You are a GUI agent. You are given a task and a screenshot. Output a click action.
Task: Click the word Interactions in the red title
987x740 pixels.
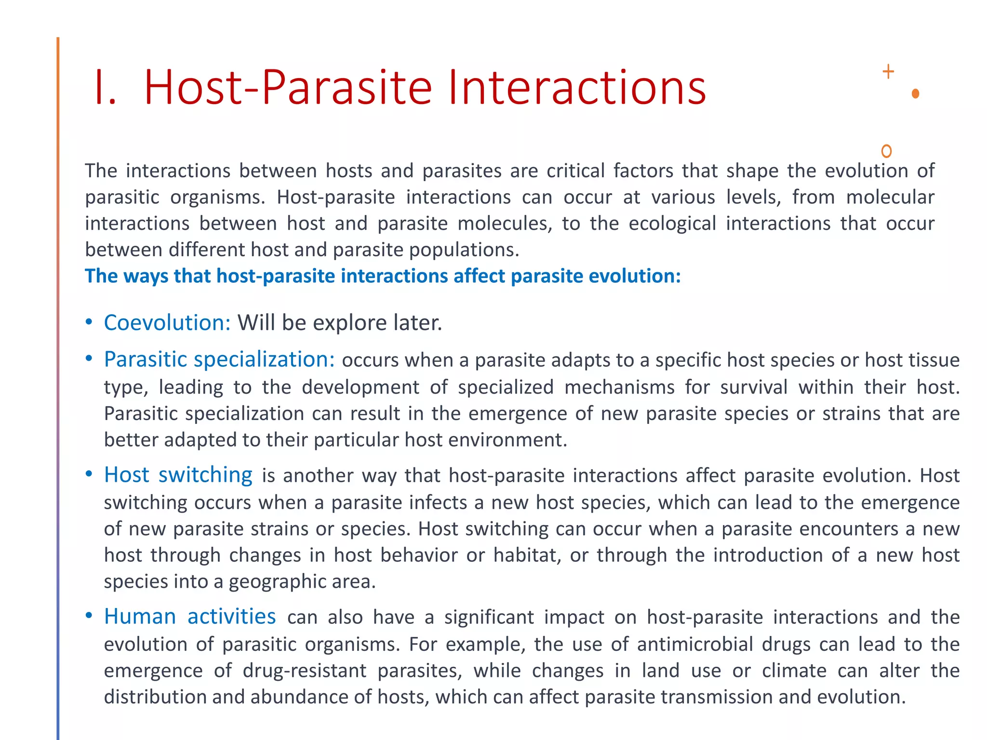coord(576,88)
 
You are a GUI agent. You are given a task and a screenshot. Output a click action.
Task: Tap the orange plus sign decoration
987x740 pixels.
coord(888,72)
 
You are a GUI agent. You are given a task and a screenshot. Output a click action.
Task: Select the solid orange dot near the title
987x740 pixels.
coord(915,93)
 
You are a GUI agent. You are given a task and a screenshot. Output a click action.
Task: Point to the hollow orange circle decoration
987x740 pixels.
coord(886,151)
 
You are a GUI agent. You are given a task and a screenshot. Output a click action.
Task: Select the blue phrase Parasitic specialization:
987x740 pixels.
coord(219,359)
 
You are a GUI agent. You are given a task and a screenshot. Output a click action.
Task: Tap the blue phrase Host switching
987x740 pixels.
coord(178,475)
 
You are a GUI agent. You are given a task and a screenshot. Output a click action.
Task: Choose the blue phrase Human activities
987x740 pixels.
coord(190,617)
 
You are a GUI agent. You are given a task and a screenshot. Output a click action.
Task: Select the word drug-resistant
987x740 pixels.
coord(305,671)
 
